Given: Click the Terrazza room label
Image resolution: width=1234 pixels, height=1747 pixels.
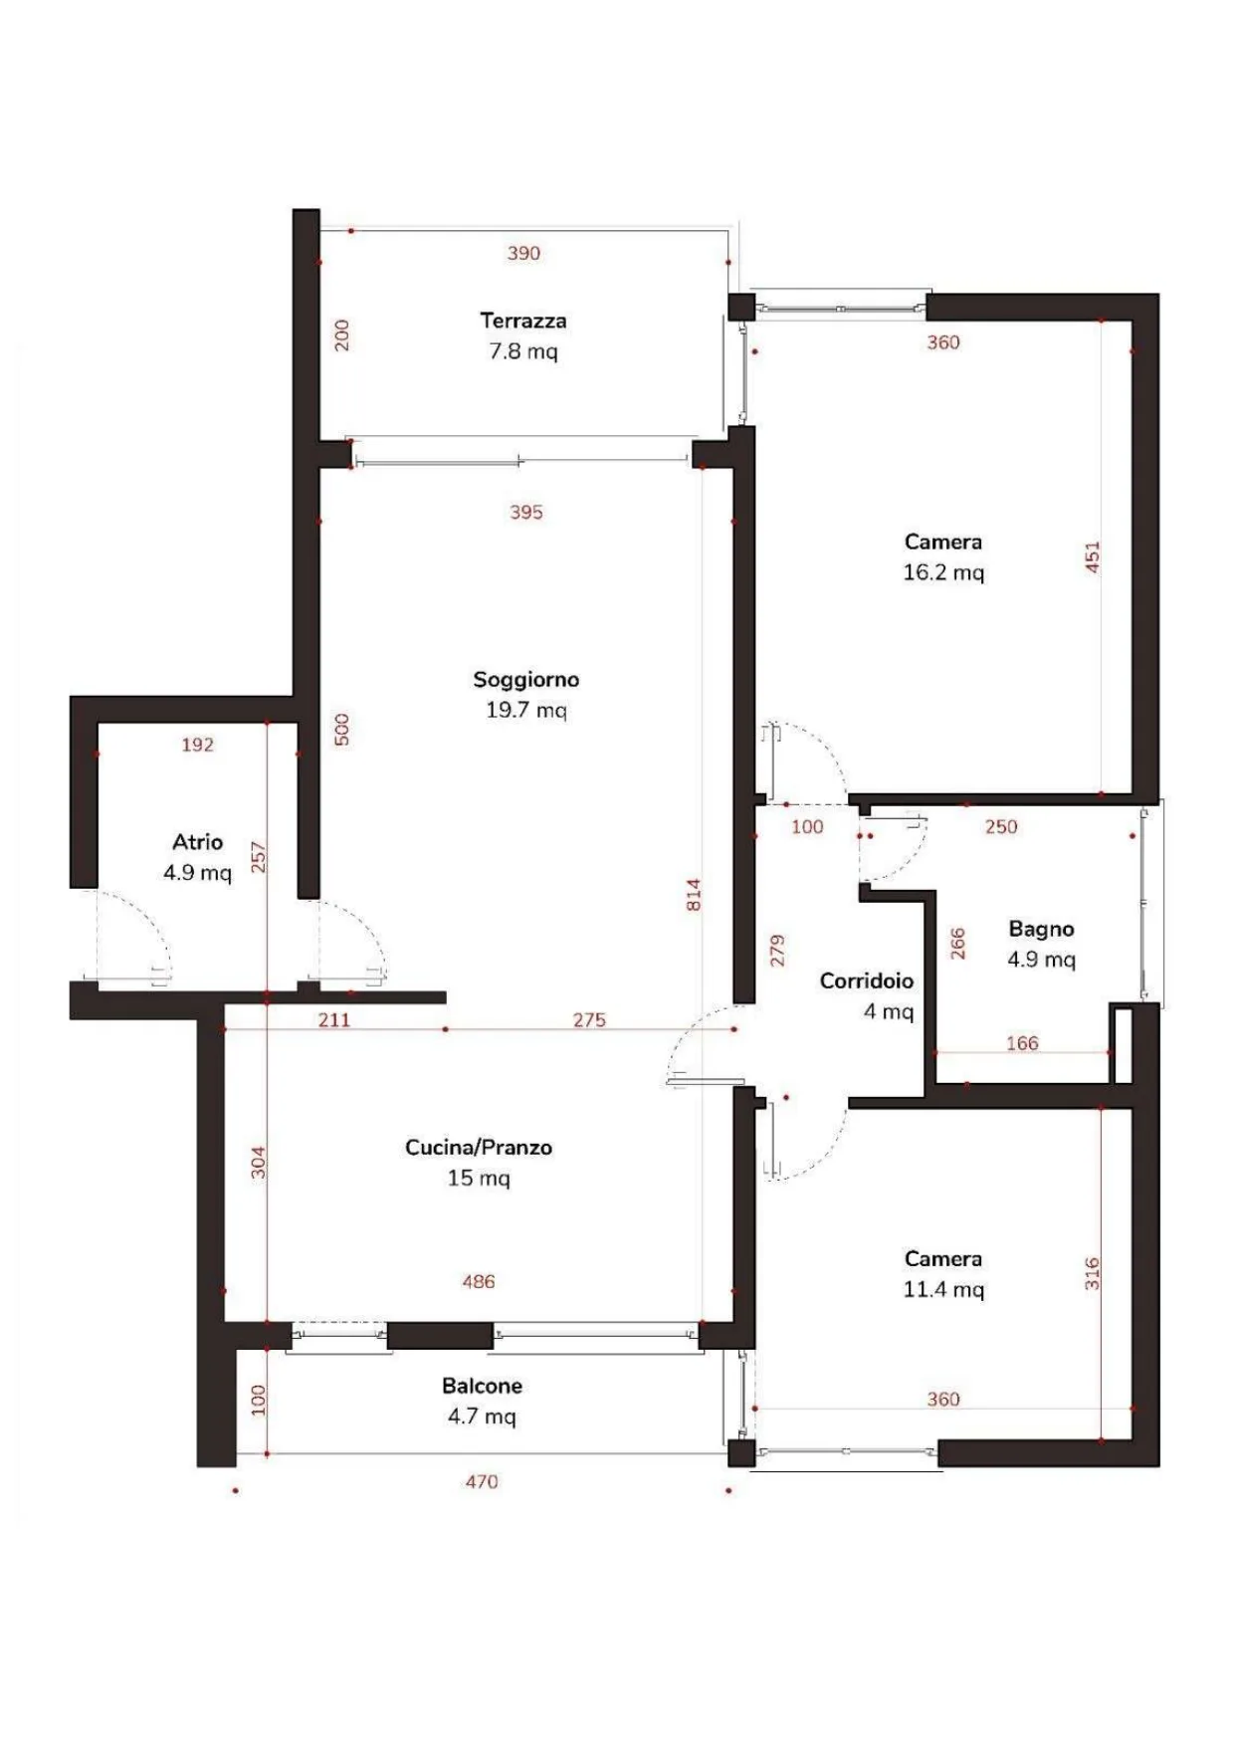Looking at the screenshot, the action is click(523, 321).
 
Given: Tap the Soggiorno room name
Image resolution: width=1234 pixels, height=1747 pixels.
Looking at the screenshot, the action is click(525, 680).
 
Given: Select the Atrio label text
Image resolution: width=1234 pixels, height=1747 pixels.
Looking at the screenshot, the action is click(197, 842).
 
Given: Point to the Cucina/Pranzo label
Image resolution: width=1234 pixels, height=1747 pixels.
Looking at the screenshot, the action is click(479, 1147).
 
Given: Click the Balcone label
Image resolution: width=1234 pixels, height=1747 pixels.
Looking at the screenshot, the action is click(482, 1386).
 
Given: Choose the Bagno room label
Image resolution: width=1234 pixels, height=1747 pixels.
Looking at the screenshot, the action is click(1041, 929).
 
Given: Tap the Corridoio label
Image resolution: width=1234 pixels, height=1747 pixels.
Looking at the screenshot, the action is click(866, 981).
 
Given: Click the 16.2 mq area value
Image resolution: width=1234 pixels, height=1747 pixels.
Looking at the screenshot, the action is click(943, 572).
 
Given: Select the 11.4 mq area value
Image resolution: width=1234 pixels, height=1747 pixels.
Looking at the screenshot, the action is click(943, 1289).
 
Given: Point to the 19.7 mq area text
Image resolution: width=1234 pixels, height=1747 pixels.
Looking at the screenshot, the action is click(525, 710).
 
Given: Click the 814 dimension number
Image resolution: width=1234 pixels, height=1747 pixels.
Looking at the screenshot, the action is click(694, 894).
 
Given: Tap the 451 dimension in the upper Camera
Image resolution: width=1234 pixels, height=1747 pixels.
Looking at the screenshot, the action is click(1092, 556).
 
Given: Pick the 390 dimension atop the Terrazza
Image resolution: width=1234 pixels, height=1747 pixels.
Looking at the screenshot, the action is click(523, 253).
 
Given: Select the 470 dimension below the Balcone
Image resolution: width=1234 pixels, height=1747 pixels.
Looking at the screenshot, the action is click(482, 1481).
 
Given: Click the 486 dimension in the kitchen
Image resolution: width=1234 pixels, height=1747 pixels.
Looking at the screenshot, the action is click(479, 1281).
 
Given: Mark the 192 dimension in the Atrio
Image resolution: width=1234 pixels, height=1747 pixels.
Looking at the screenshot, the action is click(197, 745).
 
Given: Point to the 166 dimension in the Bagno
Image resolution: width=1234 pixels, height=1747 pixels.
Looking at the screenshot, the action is click(1022, 1043).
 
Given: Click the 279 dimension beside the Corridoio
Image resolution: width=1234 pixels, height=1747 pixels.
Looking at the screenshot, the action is click(777, 950).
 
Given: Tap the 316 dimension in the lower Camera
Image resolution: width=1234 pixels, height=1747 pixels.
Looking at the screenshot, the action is click(1092, 1273).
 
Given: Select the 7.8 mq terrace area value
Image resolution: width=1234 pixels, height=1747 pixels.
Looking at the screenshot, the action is click(523, 351).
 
